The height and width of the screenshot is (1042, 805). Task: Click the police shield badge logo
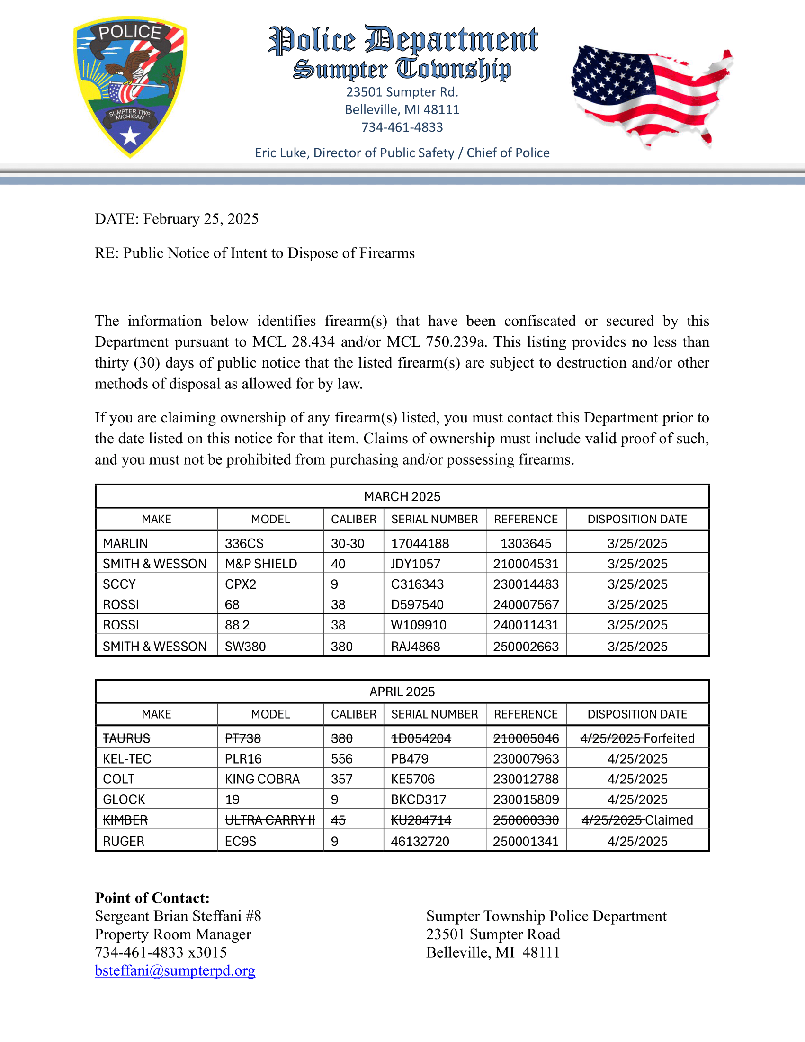130,87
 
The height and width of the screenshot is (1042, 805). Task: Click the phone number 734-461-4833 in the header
402,127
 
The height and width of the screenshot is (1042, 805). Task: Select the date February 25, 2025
201,219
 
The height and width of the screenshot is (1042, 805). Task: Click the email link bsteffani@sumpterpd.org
175,970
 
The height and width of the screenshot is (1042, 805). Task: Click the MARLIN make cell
125,543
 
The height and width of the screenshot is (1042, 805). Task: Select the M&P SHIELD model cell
261,564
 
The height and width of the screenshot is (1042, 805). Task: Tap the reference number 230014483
526,584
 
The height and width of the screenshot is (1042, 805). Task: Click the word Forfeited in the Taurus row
669,738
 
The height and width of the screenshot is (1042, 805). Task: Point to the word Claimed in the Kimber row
669,820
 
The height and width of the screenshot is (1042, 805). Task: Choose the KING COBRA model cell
262,779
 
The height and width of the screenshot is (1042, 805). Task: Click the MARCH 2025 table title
402,497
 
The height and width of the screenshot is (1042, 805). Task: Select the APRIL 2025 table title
402,692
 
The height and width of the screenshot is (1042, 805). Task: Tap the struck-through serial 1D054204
420,738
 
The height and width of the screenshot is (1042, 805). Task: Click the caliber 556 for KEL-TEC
342,759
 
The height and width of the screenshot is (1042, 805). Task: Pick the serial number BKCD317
419,799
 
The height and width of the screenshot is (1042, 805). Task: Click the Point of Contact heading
152,898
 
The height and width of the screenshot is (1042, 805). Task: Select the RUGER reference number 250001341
526,841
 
